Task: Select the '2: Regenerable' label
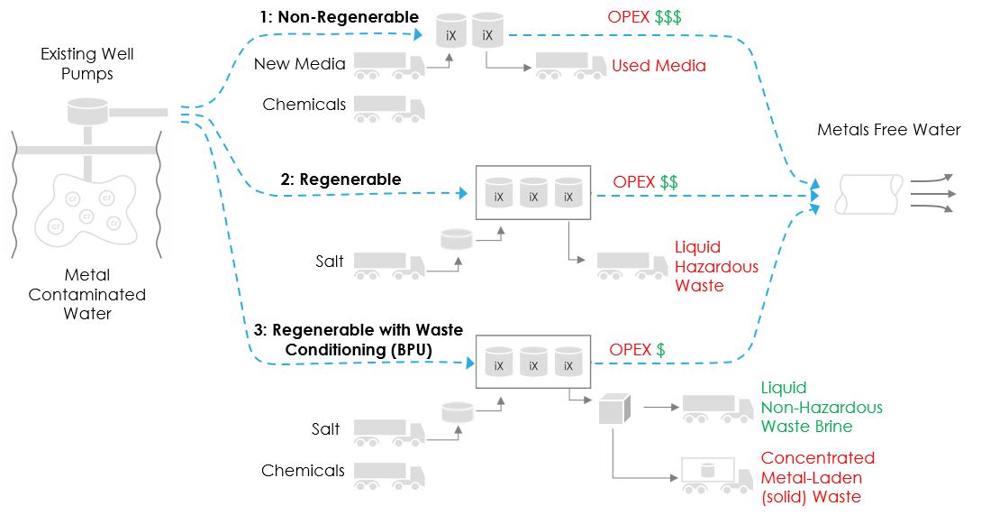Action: tap(341, 179)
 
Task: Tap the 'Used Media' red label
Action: tap(659, 66)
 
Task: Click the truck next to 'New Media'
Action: tap(388, 66)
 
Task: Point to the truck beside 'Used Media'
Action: tap(570, 66)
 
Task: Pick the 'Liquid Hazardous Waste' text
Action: tap(716, 266)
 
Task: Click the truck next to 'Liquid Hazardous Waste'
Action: tap(631, 266)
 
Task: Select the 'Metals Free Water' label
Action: tap(888, 130)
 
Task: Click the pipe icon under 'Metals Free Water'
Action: tap(870, 193)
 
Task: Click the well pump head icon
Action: tap(88, 113)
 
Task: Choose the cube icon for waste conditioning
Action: tap(613, 409)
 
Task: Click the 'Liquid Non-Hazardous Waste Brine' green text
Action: tap(822, 406)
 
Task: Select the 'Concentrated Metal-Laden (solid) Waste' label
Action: tap(817, 477)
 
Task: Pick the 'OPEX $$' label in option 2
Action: tap(645, 181)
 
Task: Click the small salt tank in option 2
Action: tap(456, 240)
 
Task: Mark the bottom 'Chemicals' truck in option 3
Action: tap(388, 475)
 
